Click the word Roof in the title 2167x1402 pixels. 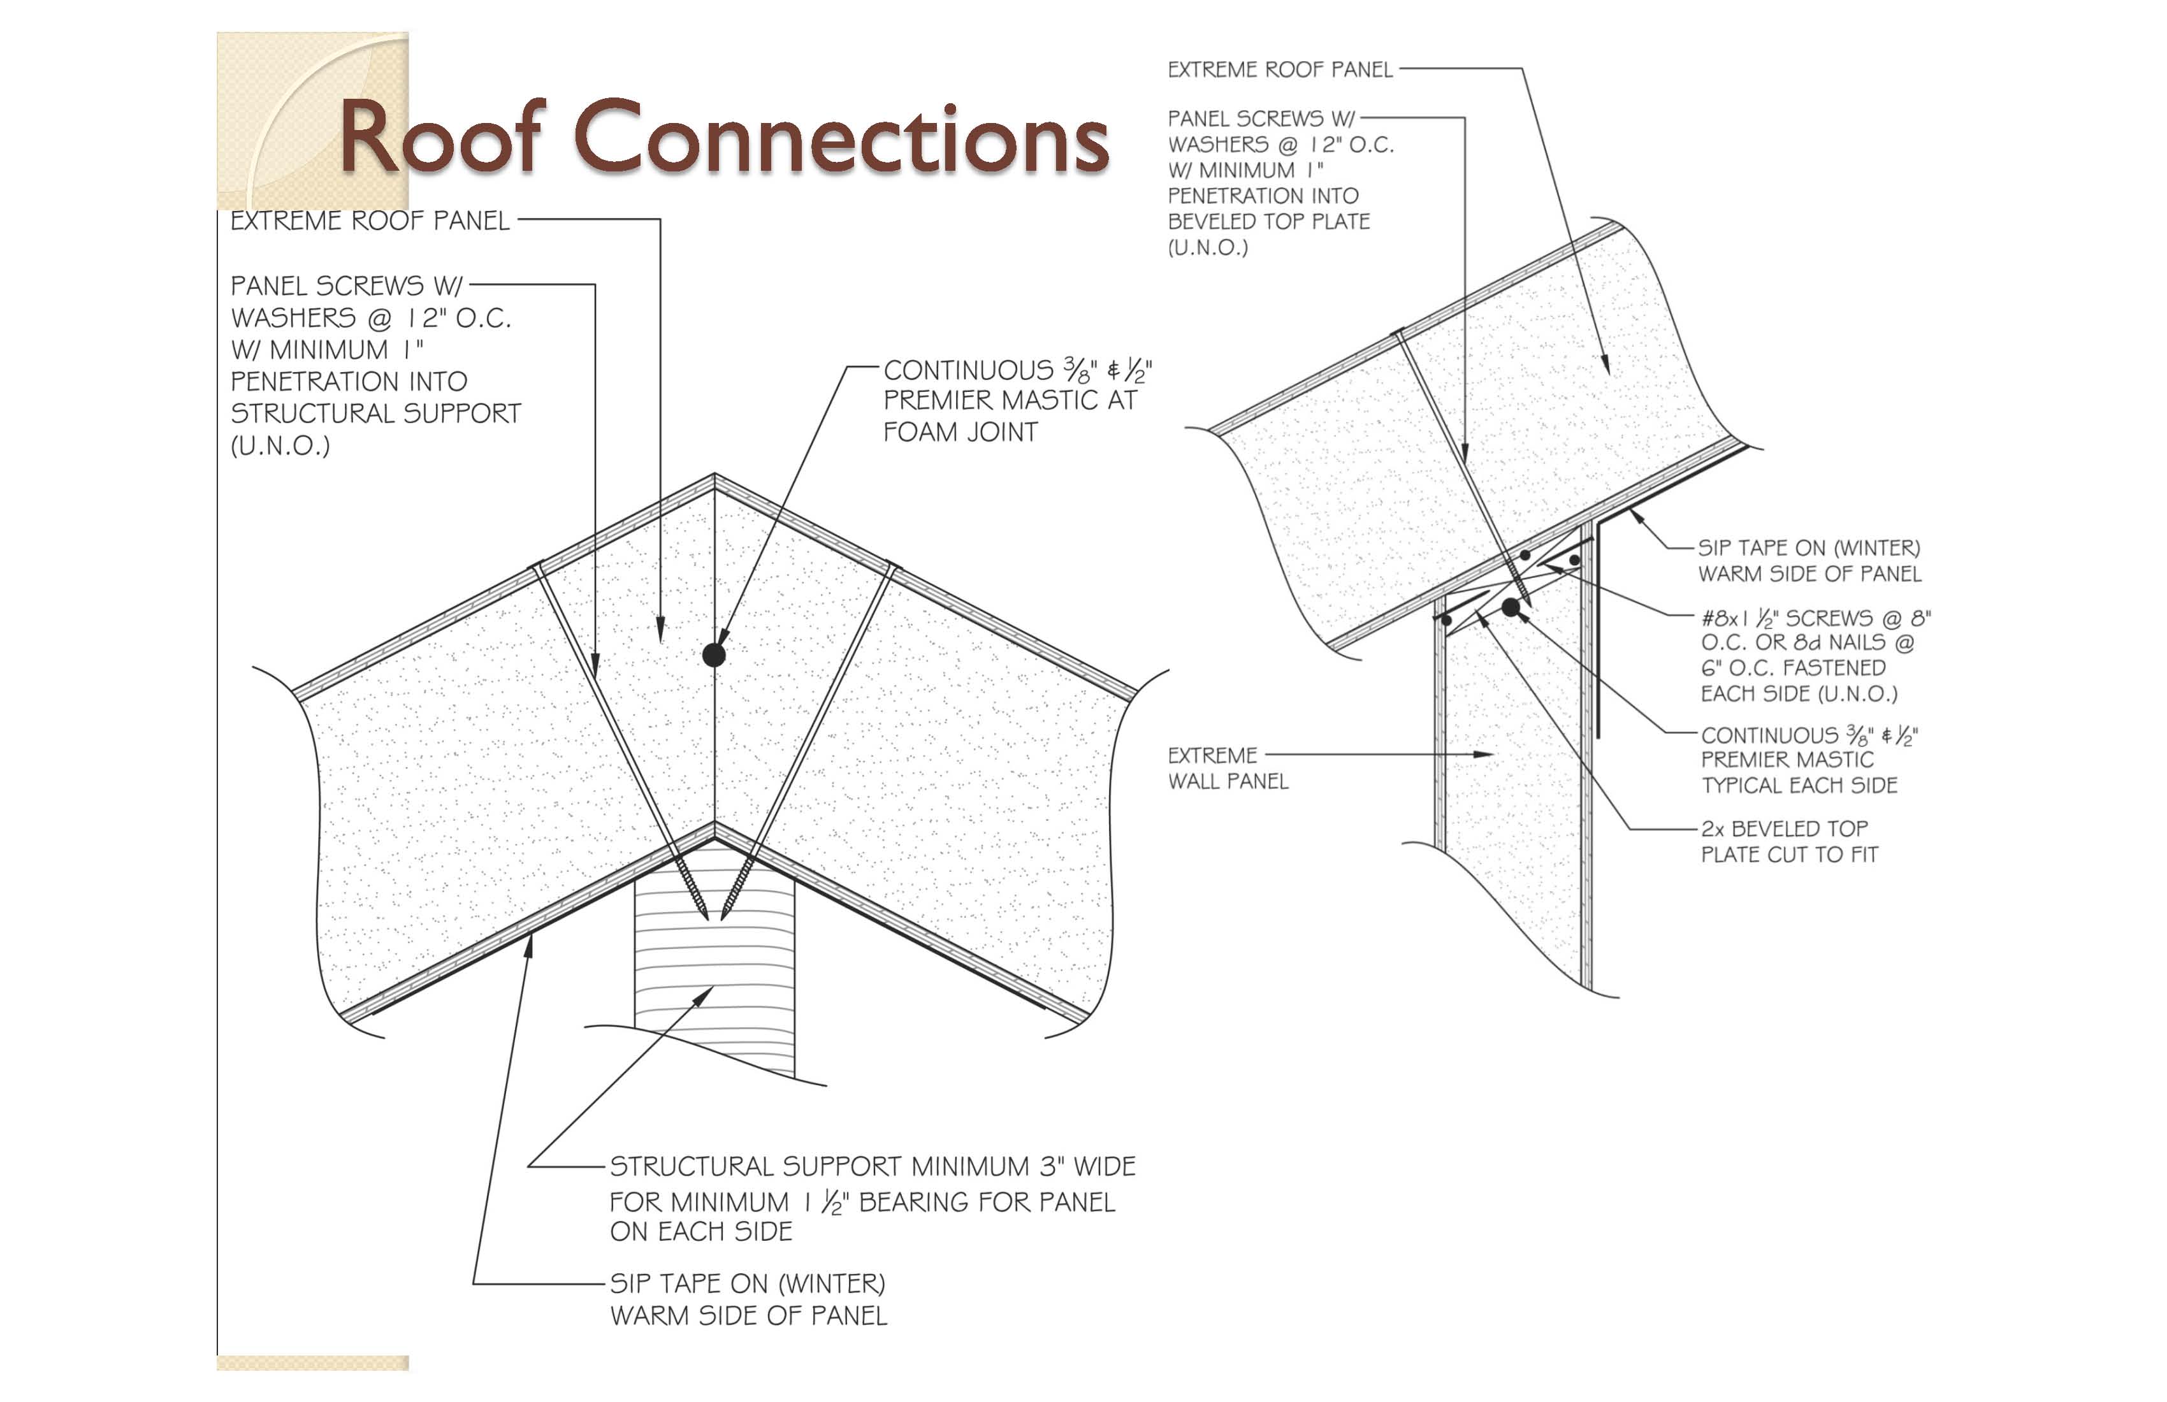pyautogui.click(x=442, y=138)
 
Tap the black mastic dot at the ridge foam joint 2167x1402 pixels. pyautogui.click(x=714, y=654)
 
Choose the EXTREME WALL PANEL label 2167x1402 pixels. pyautogui.click(x=1228, y=767)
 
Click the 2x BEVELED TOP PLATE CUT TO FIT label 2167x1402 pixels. pyautogui.click(x=1788, y=841)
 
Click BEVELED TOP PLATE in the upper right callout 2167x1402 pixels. pyautogui.click(x=1268, y=221)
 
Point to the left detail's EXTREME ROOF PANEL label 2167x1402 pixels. pyautogui.click(x=370, y=220)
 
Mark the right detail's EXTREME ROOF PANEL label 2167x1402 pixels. pyautogui.click(x=1279, y=70)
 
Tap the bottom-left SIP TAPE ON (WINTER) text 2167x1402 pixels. pyautogui.click(x=746, y=1283)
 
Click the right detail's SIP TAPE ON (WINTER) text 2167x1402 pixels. pyautogui.click(x=1808, y=548)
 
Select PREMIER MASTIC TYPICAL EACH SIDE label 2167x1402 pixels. pyautogui.click(x=1799, y=772)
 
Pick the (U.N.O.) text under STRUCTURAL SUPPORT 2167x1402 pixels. pyautogui.click(x=280, y=446)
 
